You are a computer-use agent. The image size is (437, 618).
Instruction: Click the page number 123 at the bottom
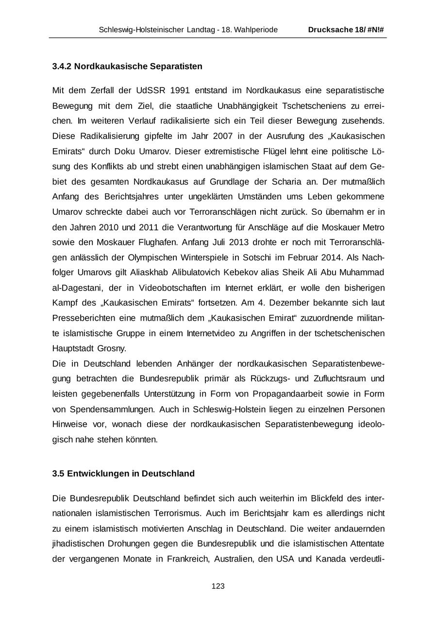[x=218, y=586]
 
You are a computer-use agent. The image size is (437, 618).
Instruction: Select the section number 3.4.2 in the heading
[x=62, y=66]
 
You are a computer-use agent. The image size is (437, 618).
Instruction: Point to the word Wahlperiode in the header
[x=256, y=30]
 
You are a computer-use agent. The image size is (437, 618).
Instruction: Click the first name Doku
[x=111, y=151]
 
